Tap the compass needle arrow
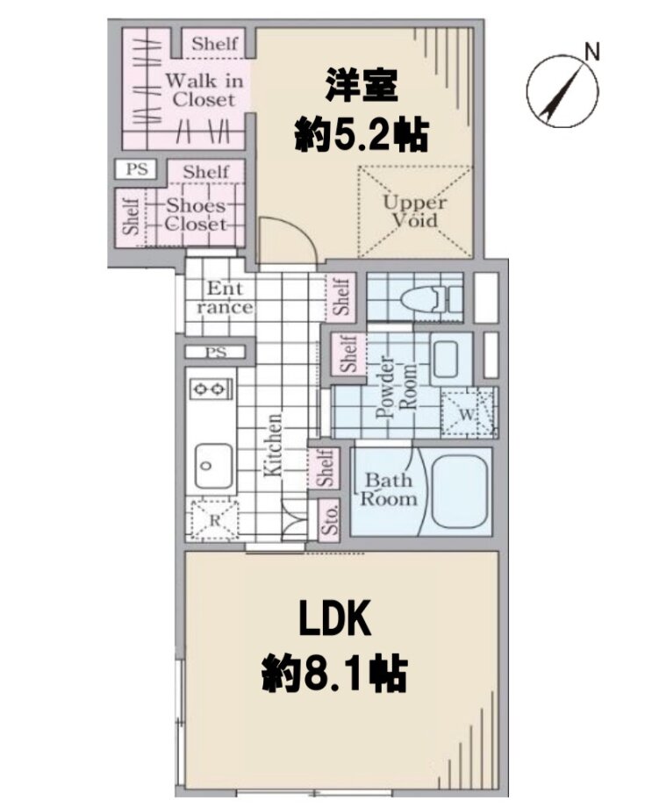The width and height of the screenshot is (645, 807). point(563,91)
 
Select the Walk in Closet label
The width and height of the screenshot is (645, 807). point(204,90)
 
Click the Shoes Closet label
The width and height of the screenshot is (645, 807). point(196,215)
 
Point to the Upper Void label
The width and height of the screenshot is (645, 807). point(415,211)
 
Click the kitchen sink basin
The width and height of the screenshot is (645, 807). point(213,467)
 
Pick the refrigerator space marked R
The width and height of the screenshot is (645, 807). point(214,520)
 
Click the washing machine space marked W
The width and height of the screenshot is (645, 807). point(468,413)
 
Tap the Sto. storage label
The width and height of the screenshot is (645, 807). point(329,520)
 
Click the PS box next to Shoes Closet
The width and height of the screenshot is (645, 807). point(137,168)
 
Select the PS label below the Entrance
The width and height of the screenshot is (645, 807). point(216,353)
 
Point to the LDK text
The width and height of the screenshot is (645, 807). point(335,619)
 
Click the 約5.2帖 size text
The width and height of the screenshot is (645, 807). point(362,136)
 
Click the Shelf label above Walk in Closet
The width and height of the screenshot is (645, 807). point(215,44)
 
